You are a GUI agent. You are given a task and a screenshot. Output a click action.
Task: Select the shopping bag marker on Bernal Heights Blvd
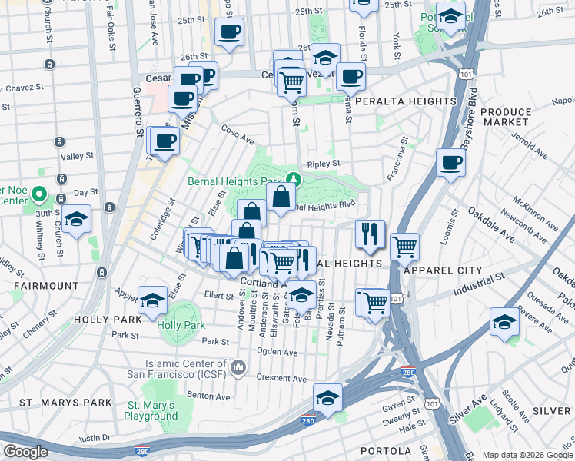pyautogui.click(x=281, y=197)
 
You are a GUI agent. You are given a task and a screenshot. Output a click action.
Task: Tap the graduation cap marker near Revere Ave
pyautogui.click(x=504, y=322)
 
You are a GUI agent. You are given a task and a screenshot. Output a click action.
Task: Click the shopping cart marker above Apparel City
pyautogui.click(x=404, y=247)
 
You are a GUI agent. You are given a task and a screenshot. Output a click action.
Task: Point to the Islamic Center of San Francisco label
pyautogui.click(x=188, y=367)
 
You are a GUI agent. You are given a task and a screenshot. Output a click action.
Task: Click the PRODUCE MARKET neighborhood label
pyautogui.click(x=506, y=117)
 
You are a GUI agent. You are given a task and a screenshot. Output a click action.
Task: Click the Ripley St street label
pyautogui.click(x=323, y=164)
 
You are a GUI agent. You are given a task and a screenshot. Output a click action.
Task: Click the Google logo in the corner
pyautogui.click(x=25, y=452)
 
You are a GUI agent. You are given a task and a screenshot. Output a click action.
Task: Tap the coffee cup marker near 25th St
pyautogui.click(x=229, y=32)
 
